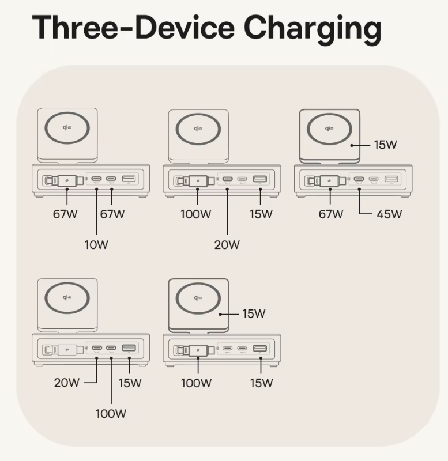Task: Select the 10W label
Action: click(96, 244)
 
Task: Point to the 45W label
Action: click(389, 214)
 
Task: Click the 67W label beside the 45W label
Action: click(331, 214)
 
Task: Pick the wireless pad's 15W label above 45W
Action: click(386, 145)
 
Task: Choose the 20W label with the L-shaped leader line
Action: click(66, 382)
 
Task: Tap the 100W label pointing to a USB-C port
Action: click(111, 413)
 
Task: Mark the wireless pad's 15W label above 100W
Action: click(254, 314)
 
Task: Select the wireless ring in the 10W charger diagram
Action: click(67, 127)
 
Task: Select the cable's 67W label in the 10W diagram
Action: click(65, 214)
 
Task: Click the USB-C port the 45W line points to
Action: click(359, 179)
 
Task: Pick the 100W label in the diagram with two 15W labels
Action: click(196, 383)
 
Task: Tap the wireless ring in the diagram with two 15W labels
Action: click(198, 296)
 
